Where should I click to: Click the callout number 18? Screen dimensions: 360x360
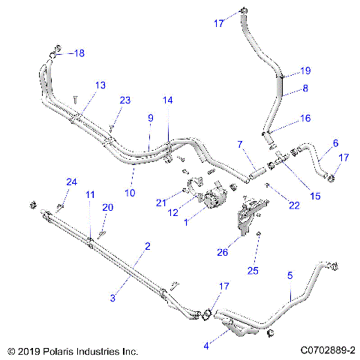(x=79, y=52)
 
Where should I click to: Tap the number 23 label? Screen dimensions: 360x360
(x=125, y=100)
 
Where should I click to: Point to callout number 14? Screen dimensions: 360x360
(x=167, y=100)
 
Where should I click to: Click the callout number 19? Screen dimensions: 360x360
(x=305, y=71)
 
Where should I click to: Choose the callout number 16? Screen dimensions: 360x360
(x=305, y=118)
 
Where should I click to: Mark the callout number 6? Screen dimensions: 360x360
(x=334, y=142)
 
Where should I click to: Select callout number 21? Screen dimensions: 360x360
(x=160, y=203)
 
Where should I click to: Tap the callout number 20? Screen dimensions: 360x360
(x=107, y=207)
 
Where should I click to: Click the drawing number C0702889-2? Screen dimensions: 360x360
(x=326, y=350)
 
